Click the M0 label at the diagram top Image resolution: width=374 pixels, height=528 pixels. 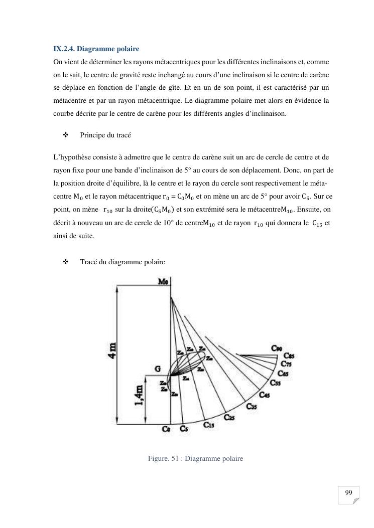(164, 282)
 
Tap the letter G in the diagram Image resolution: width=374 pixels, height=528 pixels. (157, 369)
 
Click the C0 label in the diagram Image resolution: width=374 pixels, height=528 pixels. (166, 429)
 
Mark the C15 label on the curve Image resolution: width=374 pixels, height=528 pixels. (209, 425)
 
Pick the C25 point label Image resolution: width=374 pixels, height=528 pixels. (230, 417)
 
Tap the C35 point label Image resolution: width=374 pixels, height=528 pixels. (251, 407)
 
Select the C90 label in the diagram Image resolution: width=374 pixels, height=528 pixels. (277, 348)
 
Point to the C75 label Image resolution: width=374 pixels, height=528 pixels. (287, 364)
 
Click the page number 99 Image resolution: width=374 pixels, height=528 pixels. (348, 492)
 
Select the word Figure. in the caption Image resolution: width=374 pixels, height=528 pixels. (159, 458)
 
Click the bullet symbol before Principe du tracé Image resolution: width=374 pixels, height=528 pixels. (65, 135)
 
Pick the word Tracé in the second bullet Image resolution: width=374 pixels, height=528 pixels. (89, 262)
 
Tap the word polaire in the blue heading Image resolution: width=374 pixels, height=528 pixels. (128, 49)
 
